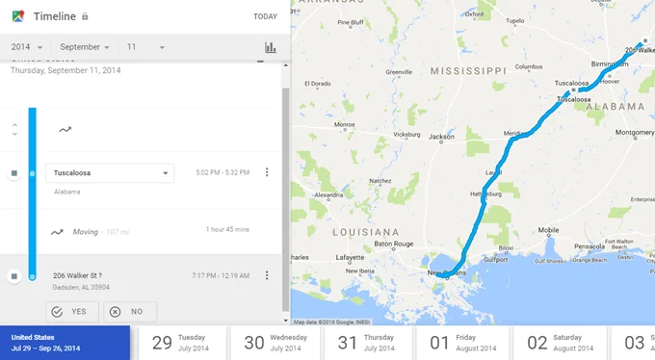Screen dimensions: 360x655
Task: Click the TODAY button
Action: pyautogui.click(x=265, y=16)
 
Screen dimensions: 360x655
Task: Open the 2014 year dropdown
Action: pyautogui.click(x=26, y=47)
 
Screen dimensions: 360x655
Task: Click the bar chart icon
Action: pyautogui.click(x=271, y=48)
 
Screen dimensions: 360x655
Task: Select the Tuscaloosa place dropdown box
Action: pyautogui.click(x=111, y=173)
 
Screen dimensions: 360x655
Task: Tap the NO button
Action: pyautogui.click(x=130, y=312)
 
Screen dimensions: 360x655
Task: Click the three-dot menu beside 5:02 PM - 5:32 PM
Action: pyautogui.click(x=267, y=173)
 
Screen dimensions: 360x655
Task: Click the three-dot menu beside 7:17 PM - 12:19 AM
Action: pyautogui.click(x=267, y=275)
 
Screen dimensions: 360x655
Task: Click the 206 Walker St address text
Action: pyautogui.click(x=77, y=275)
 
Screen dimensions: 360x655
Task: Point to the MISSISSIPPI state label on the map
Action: pyautogui.click(x=468, y=71)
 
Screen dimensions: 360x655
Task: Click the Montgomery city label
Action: pyautogui.click(x=635, y=133)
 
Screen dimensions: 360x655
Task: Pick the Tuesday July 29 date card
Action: pyautogui.click(x=182, y=343)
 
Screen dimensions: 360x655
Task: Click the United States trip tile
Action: pyautogui.click(x=65, y=343)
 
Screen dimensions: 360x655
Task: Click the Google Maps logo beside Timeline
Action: pyautogui.click(x=17, y=16)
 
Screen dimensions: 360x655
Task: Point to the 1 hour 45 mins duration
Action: pyautogui.click(x=227, y=230)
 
